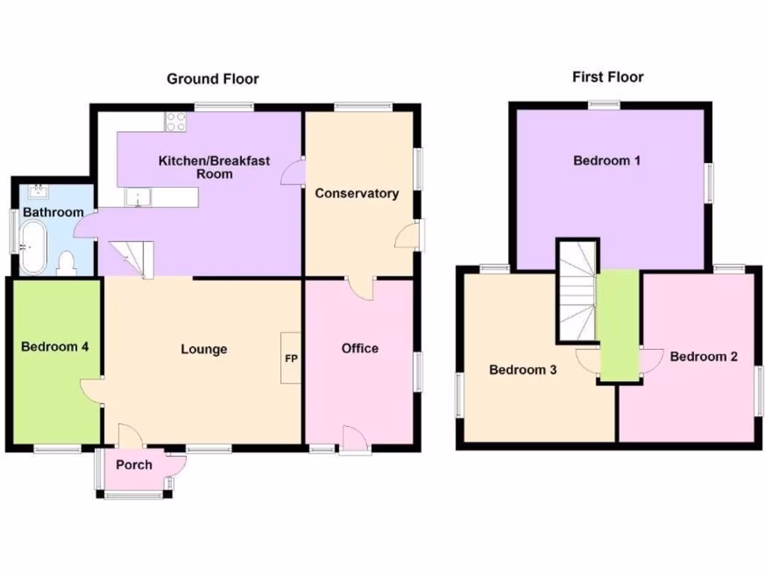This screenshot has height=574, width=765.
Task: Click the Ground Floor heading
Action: [x=212, y=78]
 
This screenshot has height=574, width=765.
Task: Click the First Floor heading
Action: [x=607, y=76]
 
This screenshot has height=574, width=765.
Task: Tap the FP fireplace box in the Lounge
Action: [x=291, y=358]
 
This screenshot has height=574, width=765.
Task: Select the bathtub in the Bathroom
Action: [x=34, y=249]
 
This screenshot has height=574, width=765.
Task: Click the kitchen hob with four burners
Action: [x=176, y=121]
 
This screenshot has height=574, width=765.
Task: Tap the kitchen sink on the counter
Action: [x=139, y=197]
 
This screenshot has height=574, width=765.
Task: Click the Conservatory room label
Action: [x=356, y=194]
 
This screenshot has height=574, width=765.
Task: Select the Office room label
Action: [x=359, y=348]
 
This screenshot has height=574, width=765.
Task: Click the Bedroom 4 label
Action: [x=55, y=347]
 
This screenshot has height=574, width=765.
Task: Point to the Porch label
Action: [x=134, y=465]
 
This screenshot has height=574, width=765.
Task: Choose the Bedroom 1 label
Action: [x=607, y=160]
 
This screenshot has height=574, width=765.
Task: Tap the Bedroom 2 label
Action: [x=703, y=357]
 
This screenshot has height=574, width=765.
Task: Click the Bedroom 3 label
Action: [x=522, y=370]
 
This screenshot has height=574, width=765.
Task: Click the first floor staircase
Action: [x=577, y=291]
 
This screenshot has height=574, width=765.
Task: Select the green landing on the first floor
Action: [x=619, y=325]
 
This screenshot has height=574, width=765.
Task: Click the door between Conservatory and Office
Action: [x=362, y=288]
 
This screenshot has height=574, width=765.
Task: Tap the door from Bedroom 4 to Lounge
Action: [x=92, y=391]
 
